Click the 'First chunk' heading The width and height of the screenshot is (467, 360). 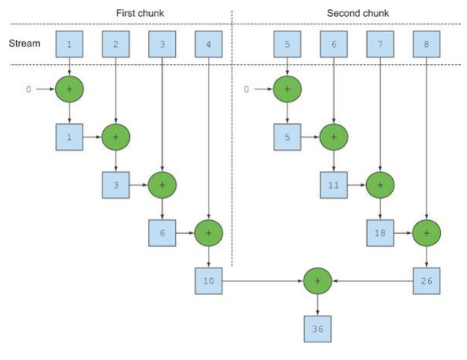[140, 13]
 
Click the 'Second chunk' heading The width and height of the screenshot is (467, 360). [358, 13]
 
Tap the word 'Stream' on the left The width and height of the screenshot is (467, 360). [24, 44]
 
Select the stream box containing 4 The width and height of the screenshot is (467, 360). [209, 44]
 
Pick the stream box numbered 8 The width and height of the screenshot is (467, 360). [426, 44]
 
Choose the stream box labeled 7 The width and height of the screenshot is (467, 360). [380, 44]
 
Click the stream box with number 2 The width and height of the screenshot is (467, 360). [116, 44]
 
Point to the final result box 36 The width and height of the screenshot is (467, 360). [317, 329]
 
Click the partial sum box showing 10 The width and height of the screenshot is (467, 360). [209, 281]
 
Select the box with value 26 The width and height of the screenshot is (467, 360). [426, 281]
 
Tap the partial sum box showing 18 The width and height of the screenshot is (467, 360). [380, 233]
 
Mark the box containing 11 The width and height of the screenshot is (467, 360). [333, 185]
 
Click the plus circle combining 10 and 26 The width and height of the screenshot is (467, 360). [317, 281]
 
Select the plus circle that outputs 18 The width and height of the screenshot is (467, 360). [380, 185]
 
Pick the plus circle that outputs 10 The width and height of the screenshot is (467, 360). [209, 233]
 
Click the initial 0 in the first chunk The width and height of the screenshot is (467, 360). [28, 89]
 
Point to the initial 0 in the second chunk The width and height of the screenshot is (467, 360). [246, 89]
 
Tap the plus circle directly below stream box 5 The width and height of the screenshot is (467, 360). [287, 89]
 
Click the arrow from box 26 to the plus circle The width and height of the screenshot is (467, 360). [372, 281]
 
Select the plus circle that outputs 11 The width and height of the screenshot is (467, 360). [333, 137]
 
